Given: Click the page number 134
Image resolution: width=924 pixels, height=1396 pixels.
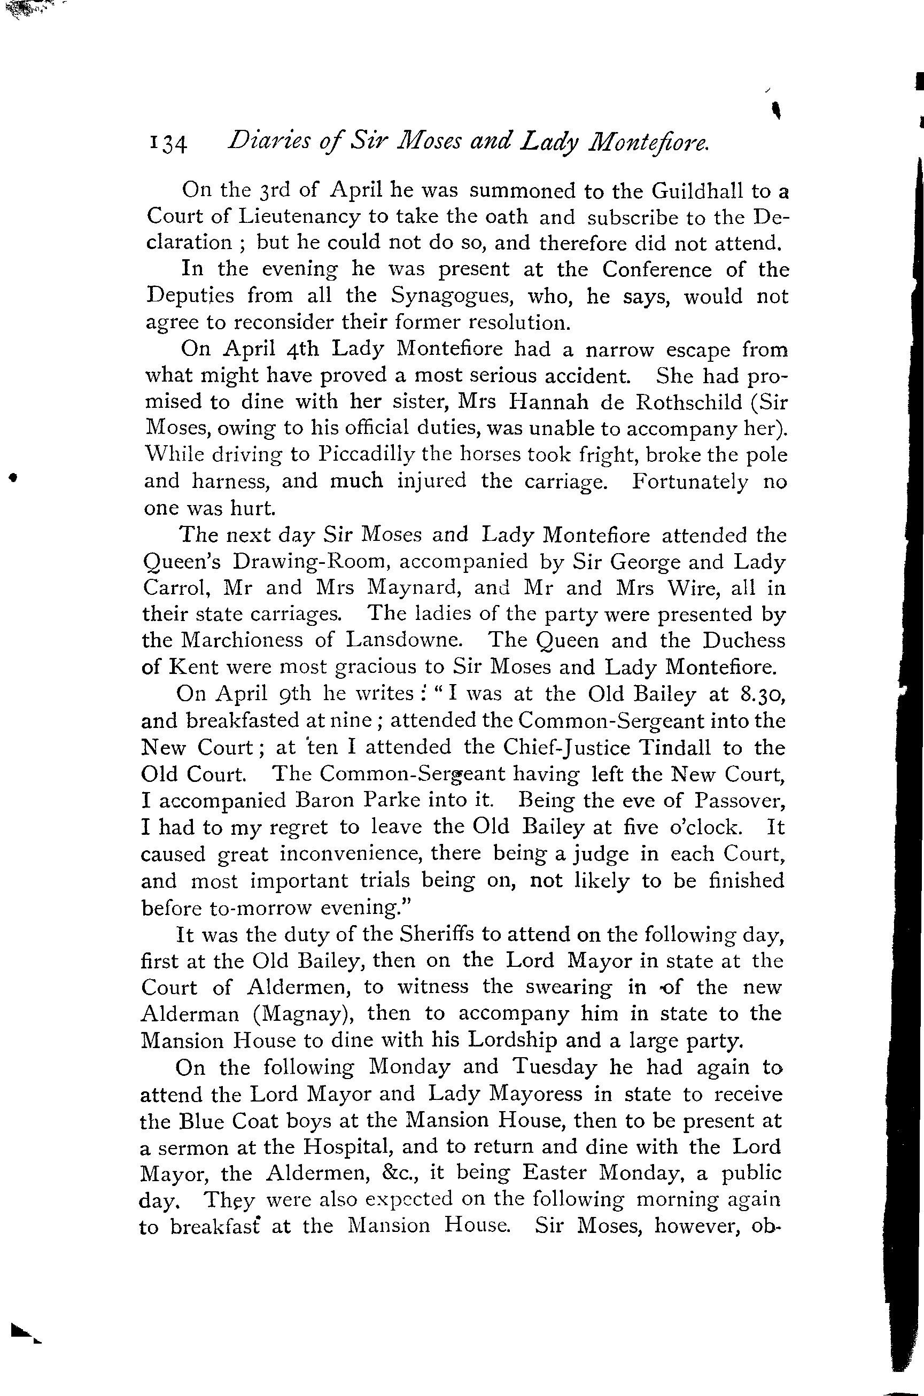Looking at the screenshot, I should point(168,144).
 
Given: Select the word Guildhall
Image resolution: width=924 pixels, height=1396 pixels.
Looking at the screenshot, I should point(696,191).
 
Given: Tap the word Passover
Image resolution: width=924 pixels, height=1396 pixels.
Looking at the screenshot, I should point(739,800).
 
